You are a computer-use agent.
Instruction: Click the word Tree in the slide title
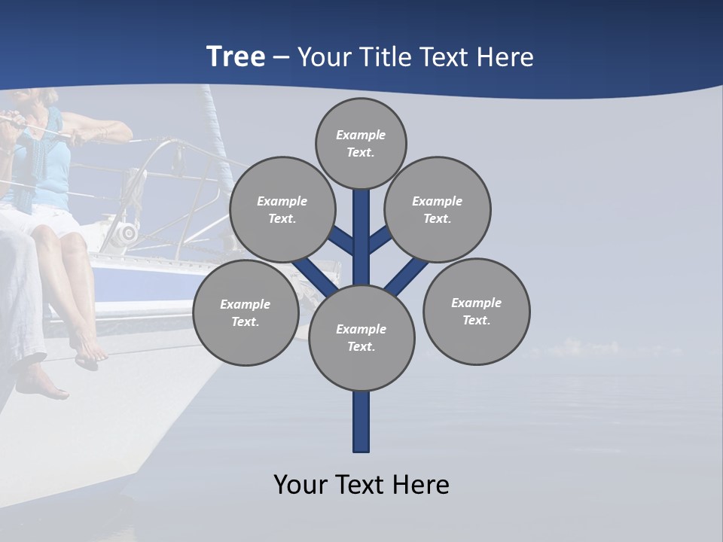(236, 56)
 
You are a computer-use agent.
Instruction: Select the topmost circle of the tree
(361, 143)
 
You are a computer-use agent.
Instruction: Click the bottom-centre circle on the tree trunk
(361, 338)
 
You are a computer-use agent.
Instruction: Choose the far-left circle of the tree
(246, 312)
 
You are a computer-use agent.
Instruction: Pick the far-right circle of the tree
(476, 311)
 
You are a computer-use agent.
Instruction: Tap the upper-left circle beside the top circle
(282, 209)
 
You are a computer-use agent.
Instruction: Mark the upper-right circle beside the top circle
(438, 209)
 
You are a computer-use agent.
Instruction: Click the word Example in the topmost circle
(361, 135)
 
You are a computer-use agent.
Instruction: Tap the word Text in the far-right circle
(475, 320)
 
